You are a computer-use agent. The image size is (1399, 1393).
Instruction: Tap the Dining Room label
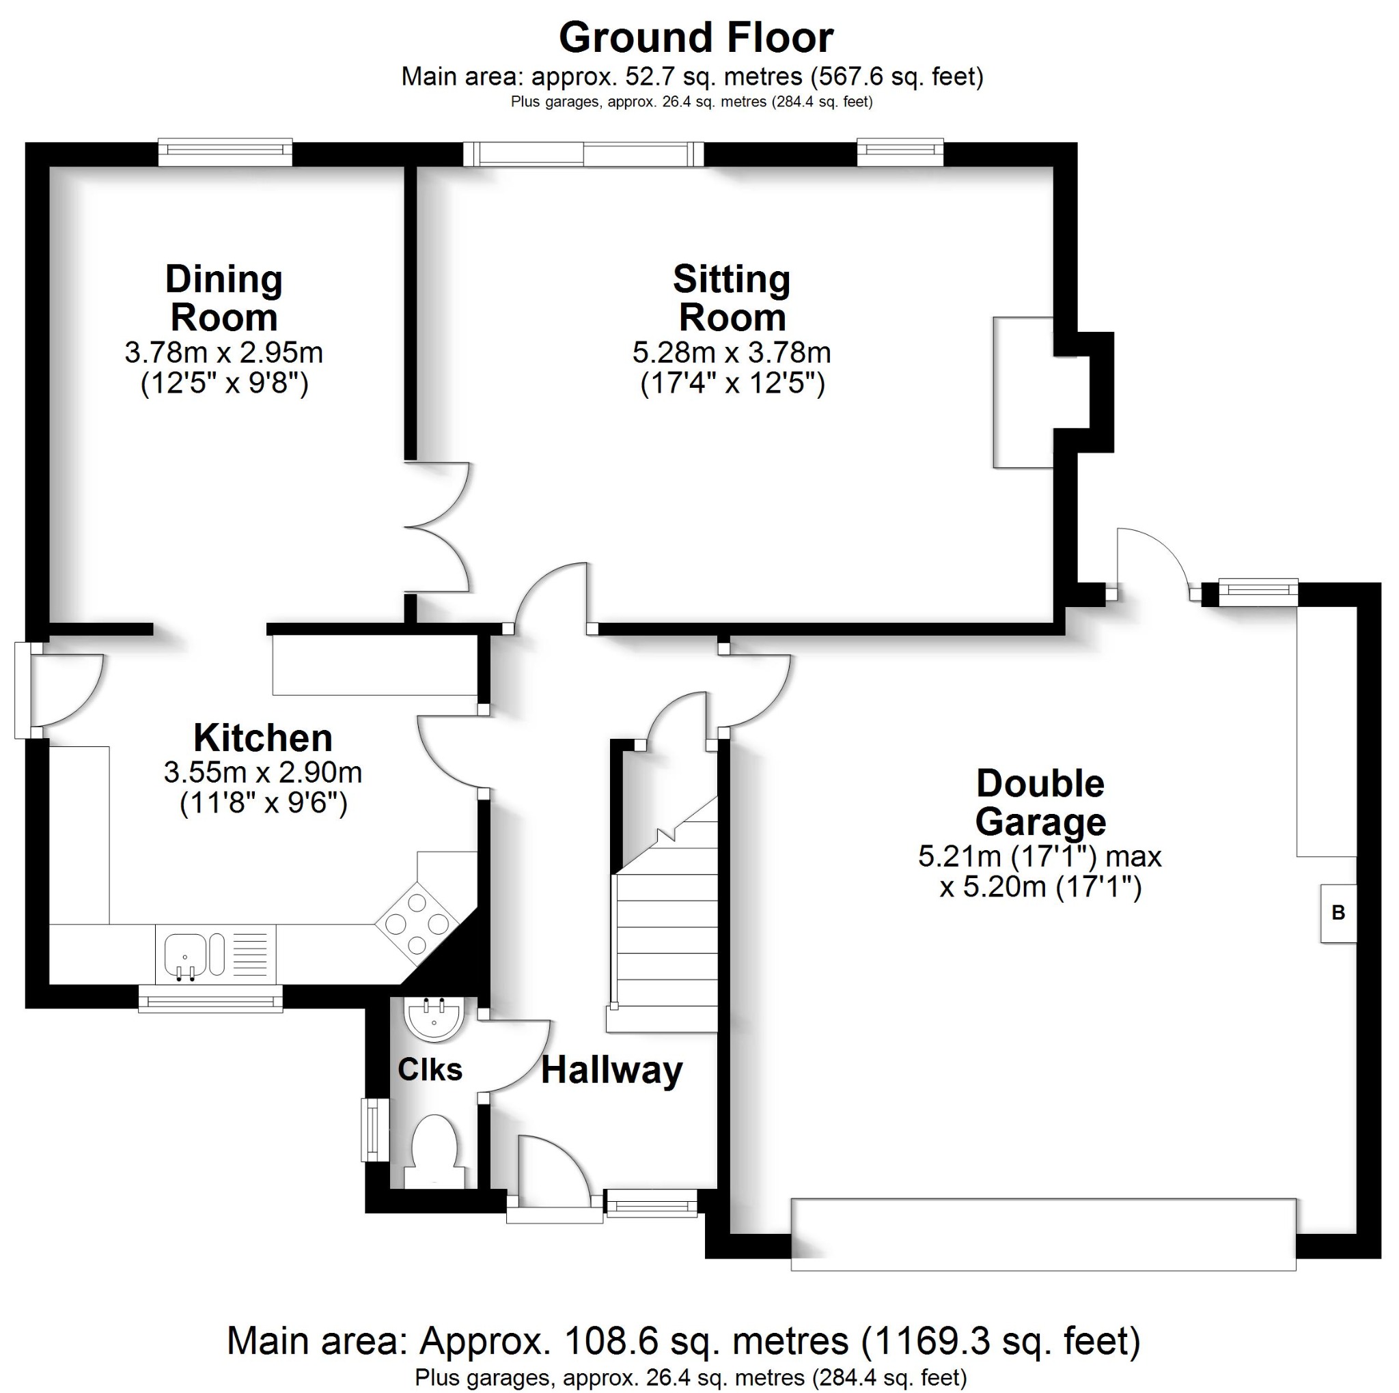[x=224, y=298]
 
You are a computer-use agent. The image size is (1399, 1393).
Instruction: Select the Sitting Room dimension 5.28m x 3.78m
[x=732, y=352]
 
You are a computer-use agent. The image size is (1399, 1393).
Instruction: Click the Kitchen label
[x=263, y=738]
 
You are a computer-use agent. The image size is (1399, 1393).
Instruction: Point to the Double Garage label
[x=1040, y=802]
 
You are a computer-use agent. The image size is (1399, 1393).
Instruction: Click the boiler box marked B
[x=1338, y=913]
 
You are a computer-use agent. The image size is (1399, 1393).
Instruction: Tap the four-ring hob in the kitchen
[x=417, y=924]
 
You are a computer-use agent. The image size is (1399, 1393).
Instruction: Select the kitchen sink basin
[x=185, y=954]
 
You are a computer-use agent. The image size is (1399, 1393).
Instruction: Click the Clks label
[x=430, y=1069]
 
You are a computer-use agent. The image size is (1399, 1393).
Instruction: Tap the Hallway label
[x=612, y=1070]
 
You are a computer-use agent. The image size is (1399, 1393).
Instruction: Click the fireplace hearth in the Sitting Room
[x=1023, y=392]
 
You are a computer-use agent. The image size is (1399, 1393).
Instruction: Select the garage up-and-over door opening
[x=1042, y=1234]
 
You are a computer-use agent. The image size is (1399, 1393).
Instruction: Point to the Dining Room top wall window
[x=225, y=152]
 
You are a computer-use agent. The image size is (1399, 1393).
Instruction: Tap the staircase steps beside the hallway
[x=665, y=941]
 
